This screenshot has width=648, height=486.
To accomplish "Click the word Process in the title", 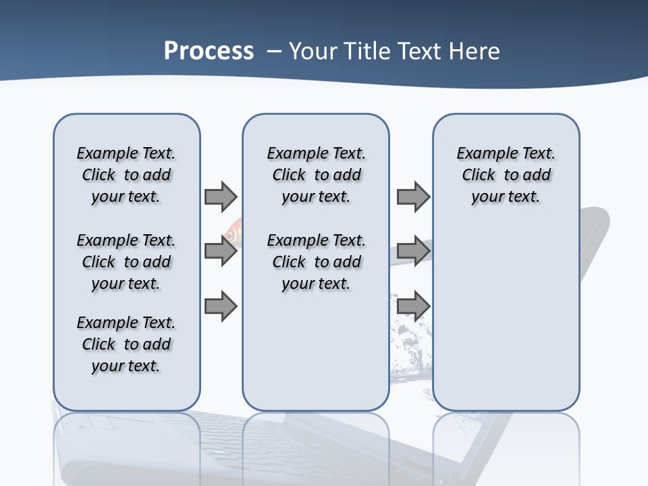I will [209, 51].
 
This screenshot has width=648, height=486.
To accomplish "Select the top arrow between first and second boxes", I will [221, 196].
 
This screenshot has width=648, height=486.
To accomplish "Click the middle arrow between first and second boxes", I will [221, 251].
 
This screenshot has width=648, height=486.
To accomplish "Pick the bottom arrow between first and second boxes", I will [221, 306].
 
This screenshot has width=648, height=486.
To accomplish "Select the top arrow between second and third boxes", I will [413, 196].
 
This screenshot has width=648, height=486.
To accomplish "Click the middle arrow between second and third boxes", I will [413, 251].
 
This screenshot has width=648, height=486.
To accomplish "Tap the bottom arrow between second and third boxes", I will [413, 306].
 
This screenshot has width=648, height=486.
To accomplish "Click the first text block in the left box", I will [126, 175].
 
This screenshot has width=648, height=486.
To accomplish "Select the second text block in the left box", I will [126, 262].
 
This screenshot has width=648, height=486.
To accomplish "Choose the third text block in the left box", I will [126, 344].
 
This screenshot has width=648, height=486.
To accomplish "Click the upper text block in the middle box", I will [316, 175].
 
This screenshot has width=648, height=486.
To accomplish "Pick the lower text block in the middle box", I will [316, 262].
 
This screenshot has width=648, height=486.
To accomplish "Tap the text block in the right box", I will [506, 175].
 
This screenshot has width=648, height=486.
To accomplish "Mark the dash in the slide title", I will [274, 51].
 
